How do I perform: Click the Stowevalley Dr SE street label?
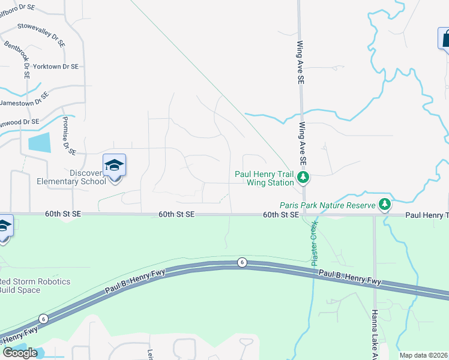point(41,27)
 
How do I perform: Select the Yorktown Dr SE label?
point(56,67)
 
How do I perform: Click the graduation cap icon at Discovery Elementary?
point(114,164)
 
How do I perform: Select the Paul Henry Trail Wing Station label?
point(264,178)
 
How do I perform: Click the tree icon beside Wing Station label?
point(304,176)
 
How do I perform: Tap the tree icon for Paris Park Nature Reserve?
point(384,205)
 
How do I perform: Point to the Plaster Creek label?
point(314,244)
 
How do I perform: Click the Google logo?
point(20,353)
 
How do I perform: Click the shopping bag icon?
point(445,39)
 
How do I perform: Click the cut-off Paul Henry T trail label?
point(427,215)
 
